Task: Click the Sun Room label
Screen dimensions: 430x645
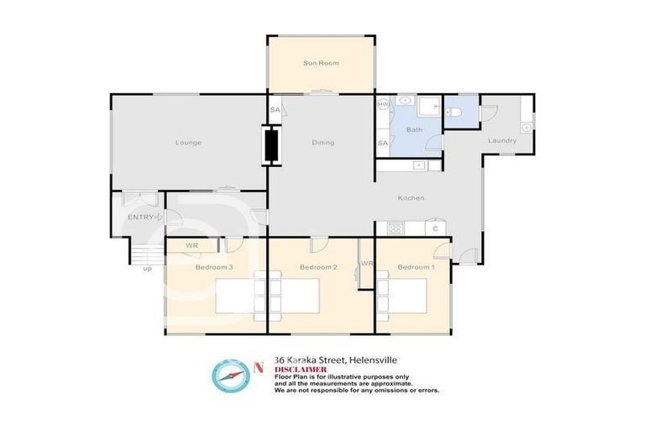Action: click(320, 63)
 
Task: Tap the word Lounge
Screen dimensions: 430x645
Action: click(188, 143)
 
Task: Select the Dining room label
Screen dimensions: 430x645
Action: click(322, 143)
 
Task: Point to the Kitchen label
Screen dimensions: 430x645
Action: click(411, 198)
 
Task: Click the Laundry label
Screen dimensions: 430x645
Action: click(501, 140)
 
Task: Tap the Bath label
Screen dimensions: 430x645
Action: click(414, 130)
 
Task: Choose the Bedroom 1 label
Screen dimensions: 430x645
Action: click(416, 267)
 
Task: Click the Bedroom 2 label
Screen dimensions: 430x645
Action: click(318, 267)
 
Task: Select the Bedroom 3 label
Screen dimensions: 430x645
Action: click(213, 267)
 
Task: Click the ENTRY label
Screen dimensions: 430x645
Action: click(139, 218)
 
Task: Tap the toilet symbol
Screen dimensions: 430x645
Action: click(454, 113)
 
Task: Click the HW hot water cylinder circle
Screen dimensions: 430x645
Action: click(384, 104)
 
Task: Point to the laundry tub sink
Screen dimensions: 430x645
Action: click(526, 128)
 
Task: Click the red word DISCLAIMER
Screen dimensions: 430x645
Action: click(300, 369)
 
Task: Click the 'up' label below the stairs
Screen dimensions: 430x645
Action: click(147, 269)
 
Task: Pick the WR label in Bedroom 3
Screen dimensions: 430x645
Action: click(191, 245)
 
